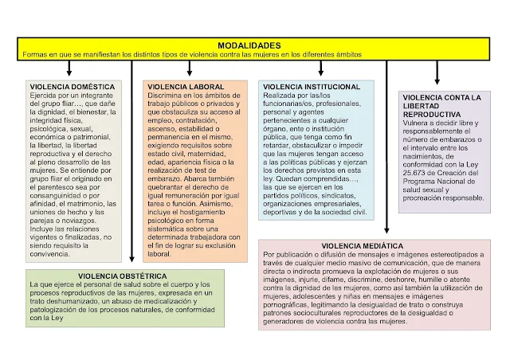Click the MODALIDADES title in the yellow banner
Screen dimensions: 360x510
click(x=249, y=45)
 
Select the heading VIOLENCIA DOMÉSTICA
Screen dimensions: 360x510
click(x=73, y=86)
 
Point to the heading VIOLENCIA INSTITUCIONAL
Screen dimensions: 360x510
click(x=312, y=86)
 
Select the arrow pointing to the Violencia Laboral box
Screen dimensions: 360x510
click(x=189, y=70)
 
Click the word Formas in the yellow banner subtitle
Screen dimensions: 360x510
click(x=37, y=54)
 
